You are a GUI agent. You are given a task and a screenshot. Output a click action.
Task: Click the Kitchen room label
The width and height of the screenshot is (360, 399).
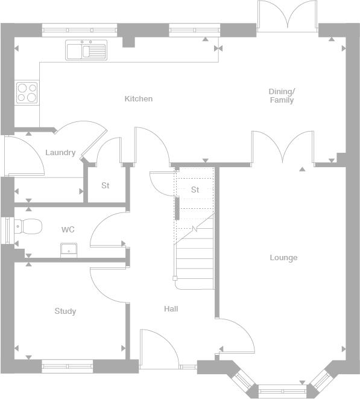(139, 98)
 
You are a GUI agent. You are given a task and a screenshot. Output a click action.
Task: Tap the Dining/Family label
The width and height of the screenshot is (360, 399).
(282, 96)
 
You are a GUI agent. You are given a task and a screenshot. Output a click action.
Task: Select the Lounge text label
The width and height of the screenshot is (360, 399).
(283, 258)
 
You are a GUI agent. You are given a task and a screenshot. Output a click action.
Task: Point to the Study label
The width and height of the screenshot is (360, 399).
(65, 311)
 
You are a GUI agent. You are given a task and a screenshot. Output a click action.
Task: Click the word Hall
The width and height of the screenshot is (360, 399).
(171, 308)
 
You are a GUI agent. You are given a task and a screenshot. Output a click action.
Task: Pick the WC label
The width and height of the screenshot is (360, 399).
(68, 229)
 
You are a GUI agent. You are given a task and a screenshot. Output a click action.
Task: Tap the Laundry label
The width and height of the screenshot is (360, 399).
(60, 153)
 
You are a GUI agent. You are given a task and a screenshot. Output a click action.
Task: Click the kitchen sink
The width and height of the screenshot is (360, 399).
(86, 50)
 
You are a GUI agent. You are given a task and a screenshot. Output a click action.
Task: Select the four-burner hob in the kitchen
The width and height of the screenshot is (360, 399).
(27, 92)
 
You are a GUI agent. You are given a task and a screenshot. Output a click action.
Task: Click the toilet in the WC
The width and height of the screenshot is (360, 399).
(28, 226)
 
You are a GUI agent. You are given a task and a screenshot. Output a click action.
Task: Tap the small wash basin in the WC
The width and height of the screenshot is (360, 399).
(69, 250)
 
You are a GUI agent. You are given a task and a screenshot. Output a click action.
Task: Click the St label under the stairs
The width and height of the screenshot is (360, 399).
(195, 190)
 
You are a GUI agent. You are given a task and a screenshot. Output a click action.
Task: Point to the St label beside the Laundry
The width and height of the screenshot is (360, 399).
(106, 185)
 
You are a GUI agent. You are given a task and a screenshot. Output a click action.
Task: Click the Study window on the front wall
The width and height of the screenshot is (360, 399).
(68, 366)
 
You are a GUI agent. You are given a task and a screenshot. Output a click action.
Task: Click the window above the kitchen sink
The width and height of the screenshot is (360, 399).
(80, 30)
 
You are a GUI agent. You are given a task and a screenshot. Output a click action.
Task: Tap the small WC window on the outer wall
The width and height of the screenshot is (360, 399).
(7, 231)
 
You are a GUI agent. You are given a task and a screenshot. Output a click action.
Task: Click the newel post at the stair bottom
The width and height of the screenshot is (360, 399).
(175, 278)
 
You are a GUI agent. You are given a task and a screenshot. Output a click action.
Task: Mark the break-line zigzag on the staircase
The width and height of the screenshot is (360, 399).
(195, 229)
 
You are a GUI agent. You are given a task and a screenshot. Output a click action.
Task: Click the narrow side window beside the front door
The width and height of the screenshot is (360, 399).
(188, 367)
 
